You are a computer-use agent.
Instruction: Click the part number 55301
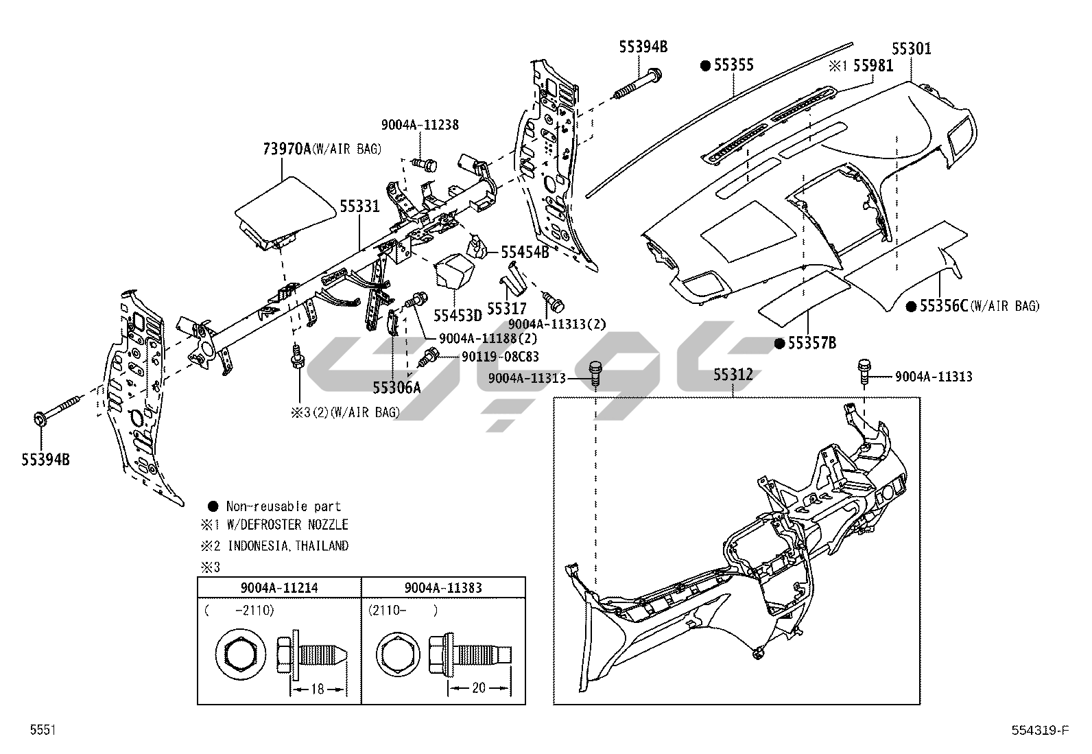[911, 49]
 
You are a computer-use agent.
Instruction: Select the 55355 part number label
[733, 65]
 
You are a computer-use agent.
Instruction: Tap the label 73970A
[287, 148]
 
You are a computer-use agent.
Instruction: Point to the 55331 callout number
[359, 206]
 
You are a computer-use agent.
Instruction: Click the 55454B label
[525, 252]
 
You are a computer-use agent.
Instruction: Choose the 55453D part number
[458, 316]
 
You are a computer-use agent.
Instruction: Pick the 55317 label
[507, 309]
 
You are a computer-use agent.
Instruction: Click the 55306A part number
[396, 388]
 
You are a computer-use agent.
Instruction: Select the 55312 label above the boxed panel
[733, 375]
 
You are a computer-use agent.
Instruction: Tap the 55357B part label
[811, 343]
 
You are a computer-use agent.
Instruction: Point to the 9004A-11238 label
[420, 125]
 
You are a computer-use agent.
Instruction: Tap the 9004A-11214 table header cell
[279, 588]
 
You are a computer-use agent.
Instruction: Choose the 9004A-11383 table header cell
[443, 588]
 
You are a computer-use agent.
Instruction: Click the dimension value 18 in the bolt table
[317, 688]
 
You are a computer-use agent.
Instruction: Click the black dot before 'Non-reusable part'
[213, 506]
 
